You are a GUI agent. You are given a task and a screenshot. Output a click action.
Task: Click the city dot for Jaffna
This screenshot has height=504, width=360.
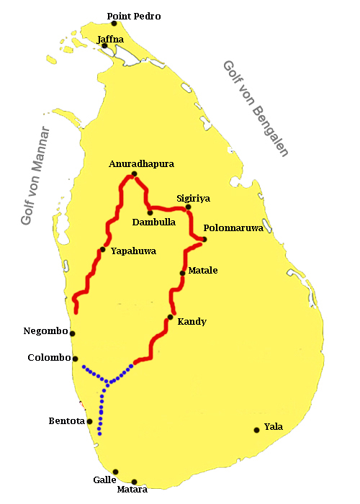(x=105, y=46)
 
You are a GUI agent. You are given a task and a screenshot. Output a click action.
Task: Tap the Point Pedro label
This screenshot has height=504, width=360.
(x=134, y=15)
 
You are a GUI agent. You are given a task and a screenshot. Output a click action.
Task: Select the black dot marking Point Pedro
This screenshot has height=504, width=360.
(x=114, y=24)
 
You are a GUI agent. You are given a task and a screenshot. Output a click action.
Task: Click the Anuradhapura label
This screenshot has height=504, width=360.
(x=142, y=164)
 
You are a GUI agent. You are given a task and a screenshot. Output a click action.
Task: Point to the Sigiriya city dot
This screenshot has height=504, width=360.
(x=189, y=207)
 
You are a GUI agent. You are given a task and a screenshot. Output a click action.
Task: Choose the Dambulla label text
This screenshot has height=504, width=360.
(x=154, y=222)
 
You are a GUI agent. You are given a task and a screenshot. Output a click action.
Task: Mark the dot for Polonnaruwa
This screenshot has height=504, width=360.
(x=204, y=240)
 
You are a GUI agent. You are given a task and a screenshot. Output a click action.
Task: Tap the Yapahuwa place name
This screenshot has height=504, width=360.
(x=133, y=251)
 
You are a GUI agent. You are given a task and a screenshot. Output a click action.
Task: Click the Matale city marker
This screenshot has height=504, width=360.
(x=182, y=273)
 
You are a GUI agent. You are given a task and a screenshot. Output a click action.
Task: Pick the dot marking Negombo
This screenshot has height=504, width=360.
(x=73, y=333)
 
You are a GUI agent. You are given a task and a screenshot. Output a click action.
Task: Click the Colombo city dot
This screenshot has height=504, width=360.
(x=76, y=359)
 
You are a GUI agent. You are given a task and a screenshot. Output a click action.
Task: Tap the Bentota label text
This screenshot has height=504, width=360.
(x=67, y=420)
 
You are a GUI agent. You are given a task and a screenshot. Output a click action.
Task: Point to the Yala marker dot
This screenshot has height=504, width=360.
(x=256, y=431)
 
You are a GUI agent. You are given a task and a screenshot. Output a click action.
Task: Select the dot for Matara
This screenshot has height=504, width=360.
(x=135, y=482)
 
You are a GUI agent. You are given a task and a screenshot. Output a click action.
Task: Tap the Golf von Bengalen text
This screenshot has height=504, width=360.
(x=256, y=108)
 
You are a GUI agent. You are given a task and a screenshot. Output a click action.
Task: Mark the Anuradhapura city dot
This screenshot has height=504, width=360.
(x=134, y=174)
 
